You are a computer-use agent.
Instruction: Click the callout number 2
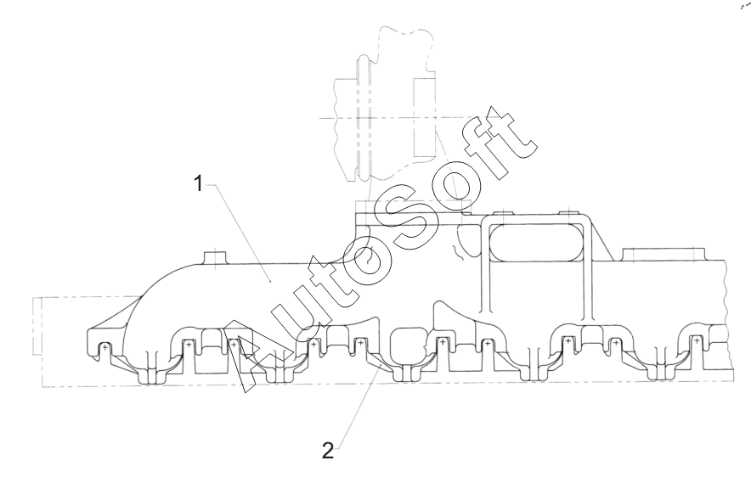(328, 451)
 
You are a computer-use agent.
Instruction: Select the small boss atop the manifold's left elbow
(215, 256)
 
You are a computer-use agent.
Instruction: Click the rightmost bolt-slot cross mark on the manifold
(696, 340)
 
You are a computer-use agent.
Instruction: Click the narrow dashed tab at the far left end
(35, 327)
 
